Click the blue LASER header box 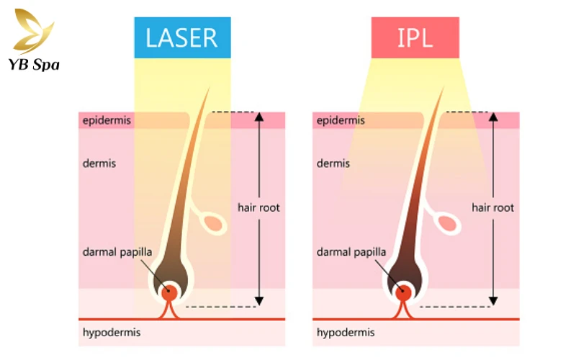point(181,37)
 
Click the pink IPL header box point(415,37)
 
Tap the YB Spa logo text point(35,65)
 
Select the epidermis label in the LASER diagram point(107,120)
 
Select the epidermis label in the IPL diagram point(341,120)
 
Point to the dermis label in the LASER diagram point(99,163)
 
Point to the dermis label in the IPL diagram point(333,163)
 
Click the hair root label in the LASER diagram point(258,207)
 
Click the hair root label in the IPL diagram point(492,207)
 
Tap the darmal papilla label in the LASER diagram point(117,252)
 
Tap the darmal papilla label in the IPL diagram point(351,252)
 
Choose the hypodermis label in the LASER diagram point(111,332)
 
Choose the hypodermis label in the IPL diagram point(345,332)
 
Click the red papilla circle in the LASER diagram point(169,292)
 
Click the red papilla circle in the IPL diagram point(403,292)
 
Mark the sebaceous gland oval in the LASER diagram point(215,224)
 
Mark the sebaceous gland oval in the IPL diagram point(449,224)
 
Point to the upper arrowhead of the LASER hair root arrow point(259,117)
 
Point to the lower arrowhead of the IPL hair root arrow point(493,300)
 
